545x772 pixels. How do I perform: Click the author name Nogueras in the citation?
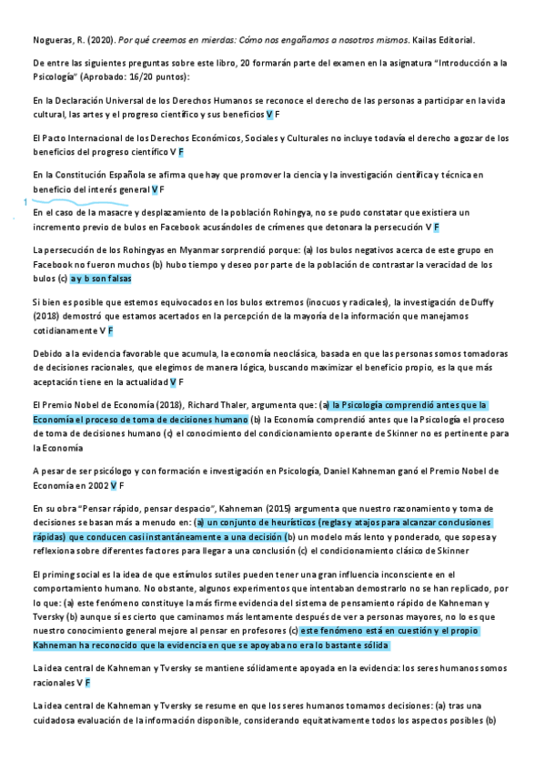click(x=51, y=41)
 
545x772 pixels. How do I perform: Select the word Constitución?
click(x=88, y=175)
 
